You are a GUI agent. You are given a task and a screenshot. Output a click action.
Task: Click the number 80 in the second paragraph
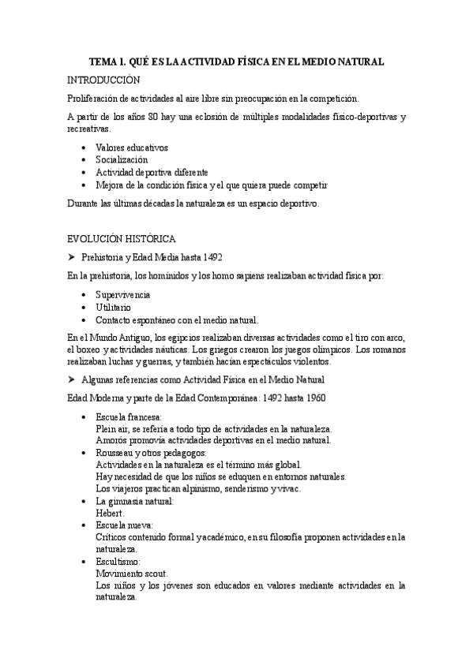click(158, 118)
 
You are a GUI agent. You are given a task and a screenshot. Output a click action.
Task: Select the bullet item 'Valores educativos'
click(131, 148)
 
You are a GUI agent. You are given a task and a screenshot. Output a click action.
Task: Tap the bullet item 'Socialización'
click(121, 159)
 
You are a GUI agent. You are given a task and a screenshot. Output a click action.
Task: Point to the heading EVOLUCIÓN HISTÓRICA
click(122, 238)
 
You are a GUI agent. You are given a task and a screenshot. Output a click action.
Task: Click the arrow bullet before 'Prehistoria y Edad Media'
click(71, 258)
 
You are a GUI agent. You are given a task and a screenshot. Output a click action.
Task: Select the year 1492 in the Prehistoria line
click(202, 258)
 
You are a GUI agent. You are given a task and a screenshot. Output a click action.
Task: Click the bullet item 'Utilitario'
click(113, 307)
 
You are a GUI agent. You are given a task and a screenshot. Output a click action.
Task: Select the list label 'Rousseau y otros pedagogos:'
click(150, 453)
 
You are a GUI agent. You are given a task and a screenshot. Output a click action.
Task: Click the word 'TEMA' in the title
click(103, 62)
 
